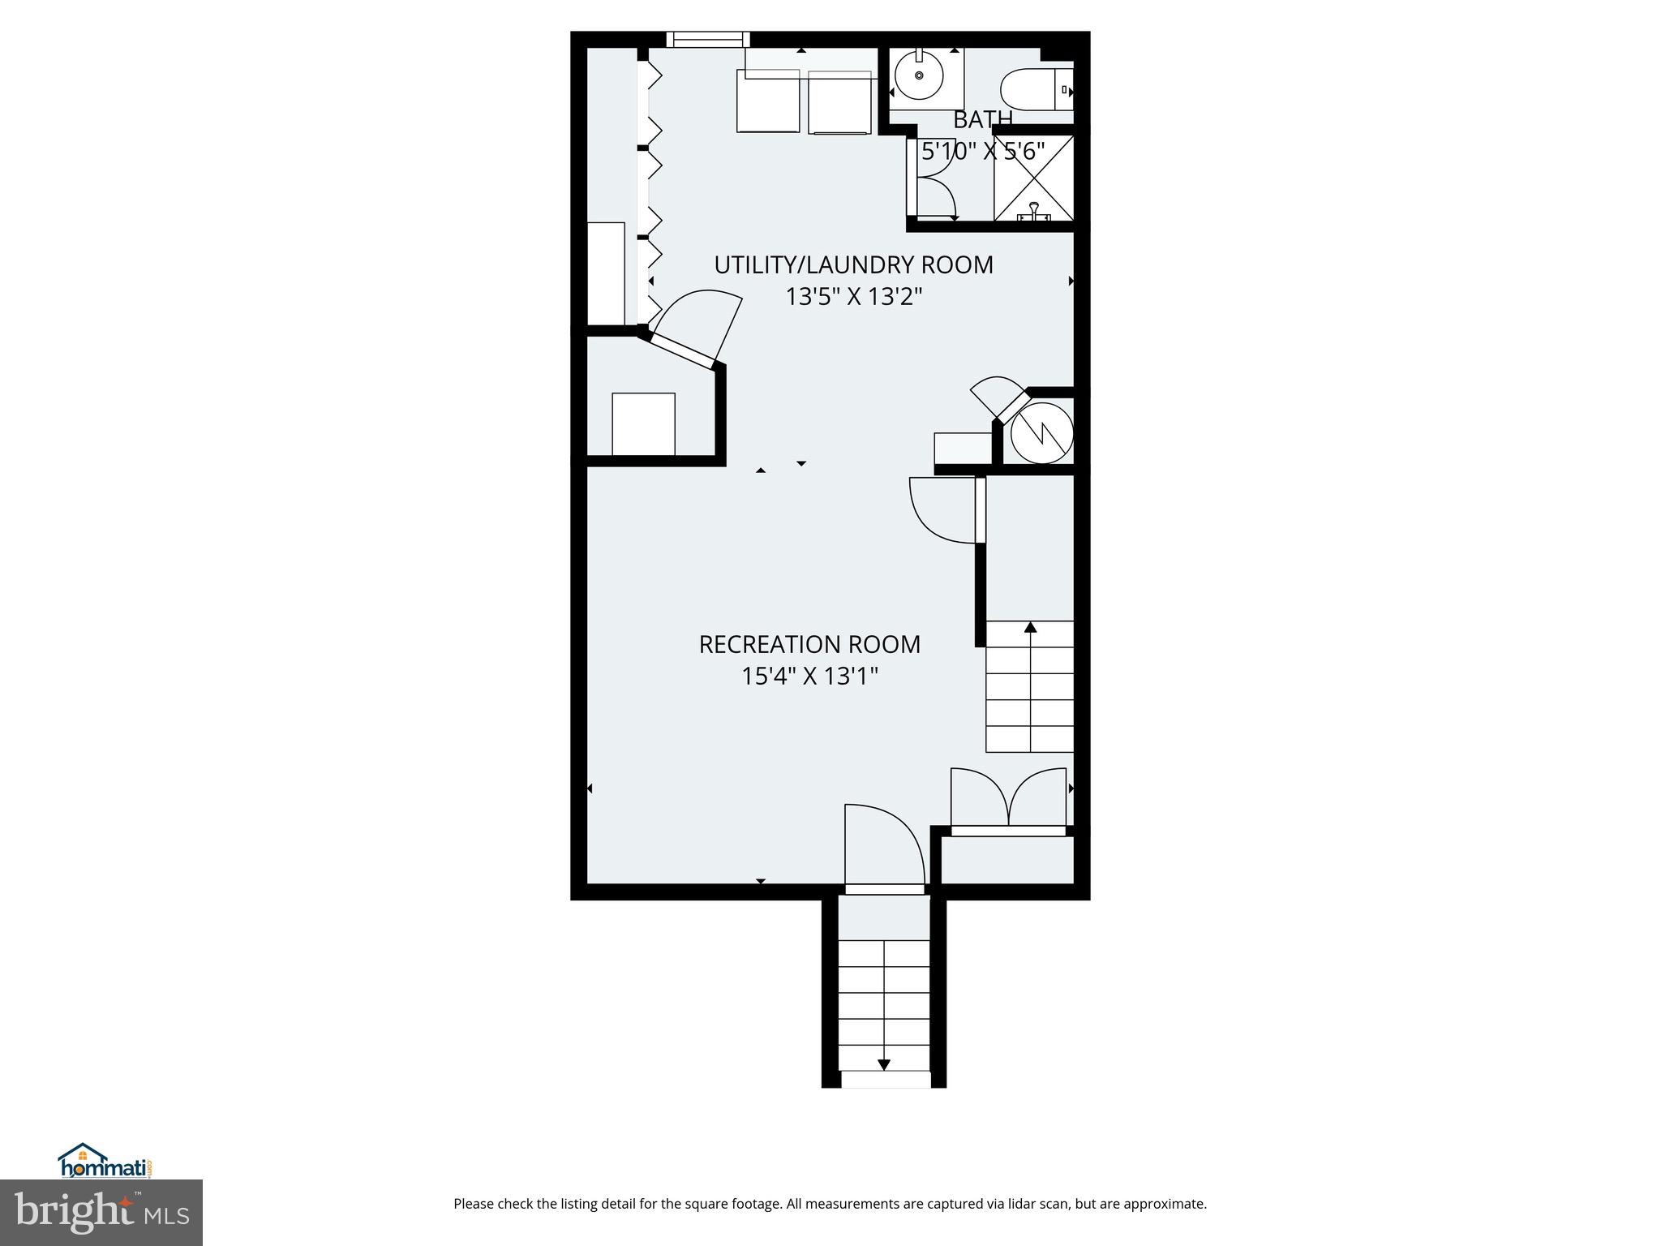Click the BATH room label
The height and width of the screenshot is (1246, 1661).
[982, 120]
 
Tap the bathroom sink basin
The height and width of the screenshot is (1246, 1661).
[919, 76]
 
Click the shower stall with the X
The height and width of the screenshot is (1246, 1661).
[1033, 178]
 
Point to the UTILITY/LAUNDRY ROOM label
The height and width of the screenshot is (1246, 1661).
[853, 265]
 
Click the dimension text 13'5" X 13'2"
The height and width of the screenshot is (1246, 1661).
[853, 297]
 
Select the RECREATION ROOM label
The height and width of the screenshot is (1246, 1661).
[809, 645]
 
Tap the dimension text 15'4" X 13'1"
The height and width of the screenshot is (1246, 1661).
[809, 677]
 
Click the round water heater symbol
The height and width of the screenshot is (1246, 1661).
[1041, 433]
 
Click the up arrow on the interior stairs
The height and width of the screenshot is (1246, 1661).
[1030, 627]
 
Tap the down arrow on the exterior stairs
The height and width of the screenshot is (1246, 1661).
[884, 1064]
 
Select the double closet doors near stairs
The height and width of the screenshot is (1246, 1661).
[1008, 799]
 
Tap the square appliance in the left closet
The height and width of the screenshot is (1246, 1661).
[643, 424]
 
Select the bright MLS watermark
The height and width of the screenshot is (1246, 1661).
[101, 1212]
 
